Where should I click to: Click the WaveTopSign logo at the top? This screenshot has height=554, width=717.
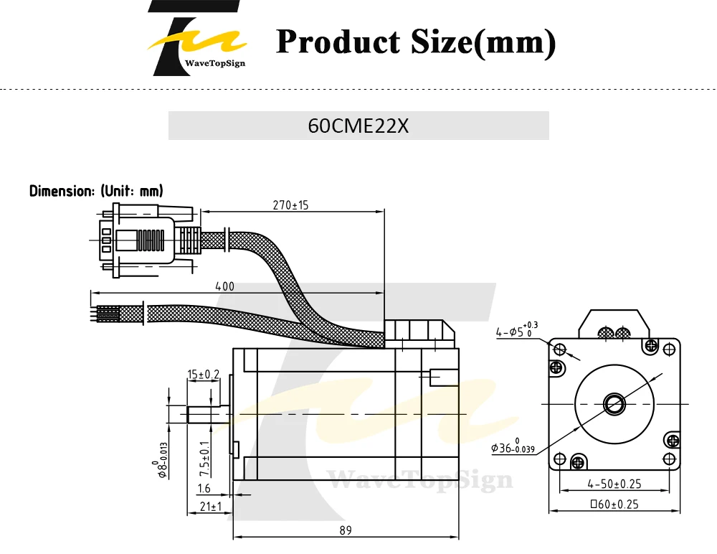tap(196, 39)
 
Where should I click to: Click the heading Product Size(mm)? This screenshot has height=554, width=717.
tap(416, 42)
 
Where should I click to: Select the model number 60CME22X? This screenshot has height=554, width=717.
tap(358, 126)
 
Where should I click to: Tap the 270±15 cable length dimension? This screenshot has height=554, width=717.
tap(290, 205)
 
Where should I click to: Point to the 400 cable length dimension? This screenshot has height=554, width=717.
tap(224, 286)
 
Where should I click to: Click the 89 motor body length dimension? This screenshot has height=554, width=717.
tap(346, 530)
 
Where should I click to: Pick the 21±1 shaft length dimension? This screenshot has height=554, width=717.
tap(211, 507)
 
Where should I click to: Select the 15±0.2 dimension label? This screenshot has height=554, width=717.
tap(204, 375)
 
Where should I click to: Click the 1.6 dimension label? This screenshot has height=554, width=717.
tap(204, 489)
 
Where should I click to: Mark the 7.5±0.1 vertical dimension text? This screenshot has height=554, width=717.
tap(205, 459)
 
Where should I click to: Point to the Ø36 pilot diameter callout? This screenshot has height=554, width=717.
tap(513, 446)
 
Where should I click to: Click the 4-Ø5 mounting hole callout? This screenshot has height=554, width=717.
tap(517, 329)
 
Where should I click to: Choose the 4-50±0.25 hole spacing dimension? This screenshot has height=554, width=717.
tap(614, 484)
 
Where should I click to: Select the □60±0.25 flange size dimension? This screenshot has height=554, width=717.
tap(614, 504)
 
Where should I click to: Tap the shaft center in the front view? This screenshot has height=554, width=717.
tap(614, 404)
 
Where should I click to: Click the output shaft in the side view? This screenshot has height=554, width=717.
tap(209, 414)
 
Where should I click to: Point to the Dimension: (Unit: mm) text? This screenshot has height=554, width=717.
tap(96, 191)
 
